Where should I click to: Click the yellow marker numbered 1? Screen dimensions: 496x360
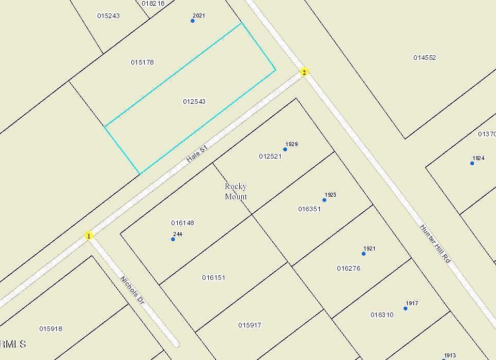tap(89, 236)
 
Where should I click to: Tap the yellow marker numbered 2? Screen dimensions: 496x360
tap(304, 72)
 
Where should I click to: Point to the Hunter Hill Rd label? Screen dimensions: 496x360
tap(435, 244)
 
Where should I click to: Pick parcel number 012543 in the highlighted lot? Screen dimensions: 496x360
tap(194, 102)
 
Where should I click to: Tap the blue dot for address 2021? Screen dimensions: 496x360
tap(193, 21)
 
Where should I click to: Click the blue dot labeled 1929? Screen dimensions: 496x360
tap(285, 149)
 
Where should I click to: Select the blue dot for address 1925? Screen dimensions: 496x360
tap(324, 200)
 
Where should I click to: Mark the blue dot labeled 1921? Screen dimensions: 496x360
tap(364, 254)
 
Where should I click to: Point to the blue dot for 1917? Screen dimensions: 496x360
tap(406, 308)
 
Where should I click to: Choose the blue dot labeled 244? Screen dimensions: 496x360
tap(173, 239)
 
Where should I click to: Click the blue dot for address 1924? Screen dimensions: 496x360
tap(472, 163)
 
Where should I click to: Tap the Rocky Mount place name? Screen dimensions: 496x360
tap(236, 191)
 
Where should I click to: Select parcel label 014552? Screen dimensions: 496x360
tap(425, 58)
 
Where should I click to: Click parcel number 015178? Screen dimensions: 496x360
tap(142, 62)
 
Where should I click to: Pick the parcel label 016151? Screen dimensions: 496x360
tap(213, 278)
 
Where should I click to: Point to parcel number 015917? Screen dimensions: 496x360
tap(250, 325)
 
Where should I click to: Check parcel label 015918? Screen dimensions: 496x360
tap(51, 329)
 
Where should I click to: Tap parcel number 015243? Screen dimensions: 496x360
tap(109, 16)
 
